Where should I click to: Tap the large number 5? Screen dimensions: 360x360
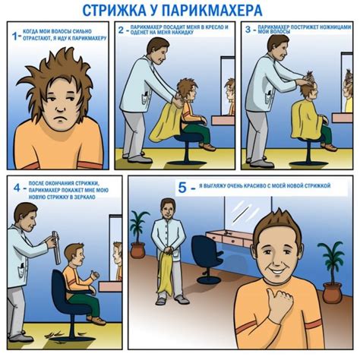point(180,186)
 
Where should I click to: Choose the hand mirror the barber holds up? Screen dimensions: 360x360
point(55,248)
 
